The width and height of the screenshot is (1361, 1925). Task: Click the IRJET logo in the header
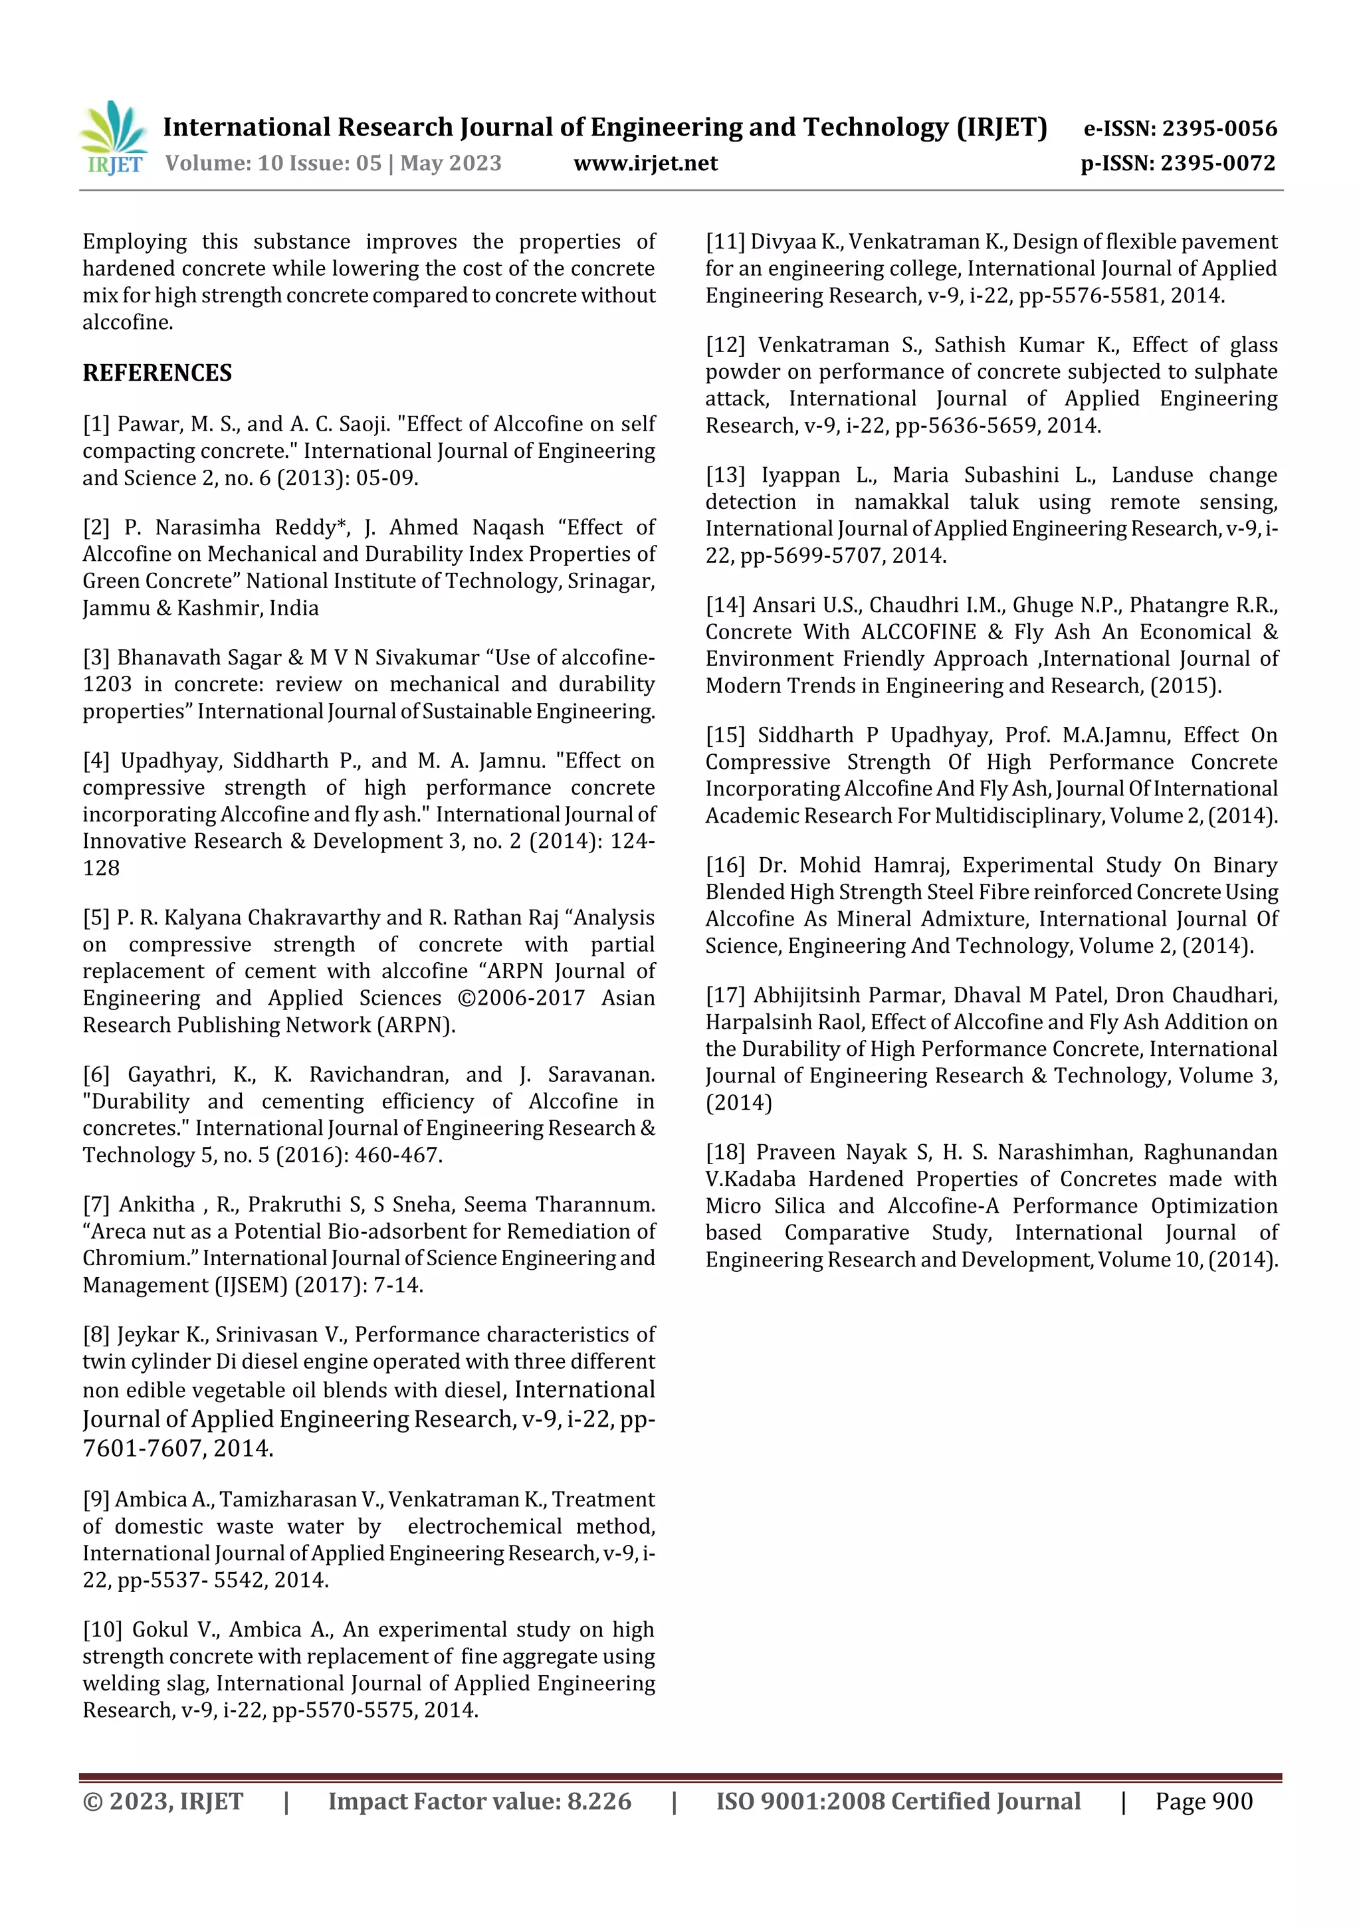point(114,138)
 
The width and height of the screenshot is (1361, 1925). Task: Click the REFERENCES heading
point(157,372)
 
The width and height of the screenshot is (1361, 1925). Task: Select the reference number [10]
point(102,1630)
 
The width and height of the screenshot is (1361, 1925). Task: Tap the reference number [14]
point(726,605)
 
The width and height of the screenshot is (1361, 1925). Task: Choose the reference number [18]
point(726,1153)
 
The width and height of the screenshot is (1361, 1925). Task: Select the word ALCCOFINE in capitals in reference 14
point(918,632)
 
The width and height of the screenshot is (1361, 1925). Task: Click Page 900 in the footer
point(1204,1802)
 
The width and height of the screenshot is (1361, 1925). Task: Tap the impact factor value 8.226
point(599,1802)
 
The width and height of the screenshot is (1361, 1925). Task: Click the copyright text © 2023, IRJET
point(163,1802)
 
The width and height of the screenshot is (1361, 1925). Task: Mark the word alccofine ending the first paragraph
point(127,323)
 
